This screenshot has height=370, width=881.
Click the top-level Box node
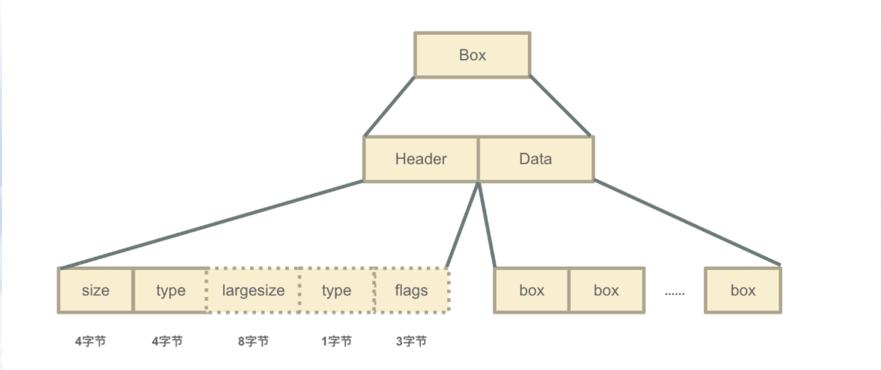point(472,55)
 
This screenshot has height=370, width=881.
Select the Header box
point(421,159)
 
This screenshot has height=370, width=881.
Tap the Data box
point(536,159)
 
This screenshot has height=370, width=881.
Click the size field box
point(96,290)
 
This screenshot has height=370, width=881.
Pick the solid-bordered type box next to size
point(171,290)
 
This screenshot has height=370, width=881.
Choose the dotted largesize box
point(253,290)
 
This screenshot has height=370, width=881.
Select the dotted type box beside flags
point(337,290)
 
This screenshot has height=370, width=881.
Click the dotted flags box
point(411,290)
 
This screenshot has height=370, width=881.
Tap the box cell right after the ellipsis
point(743,290)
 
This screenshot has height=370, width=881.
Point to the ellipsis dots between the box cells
point(675,294)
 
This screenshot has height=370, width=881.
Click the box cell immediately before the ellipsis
point(606,290)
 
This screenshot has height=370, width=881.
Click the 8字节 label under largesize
point(253,341)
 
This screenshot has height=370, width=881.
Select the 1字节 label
point(336,341)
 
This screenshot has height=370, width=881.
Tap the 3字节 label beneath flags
point(411,341)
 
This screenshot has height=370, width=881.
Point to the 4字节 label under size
point(90,341)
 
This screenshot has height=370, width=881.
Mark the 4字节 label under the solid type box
point(167,341)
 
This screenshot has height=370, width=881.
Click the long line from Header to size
point(212,225)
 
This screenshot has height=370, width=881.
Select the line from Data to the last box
point(687,223)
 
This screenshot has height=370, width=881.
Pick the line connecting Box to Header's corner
point(389,107)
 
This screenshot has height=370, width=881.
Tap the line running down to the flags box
point(462,225)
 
